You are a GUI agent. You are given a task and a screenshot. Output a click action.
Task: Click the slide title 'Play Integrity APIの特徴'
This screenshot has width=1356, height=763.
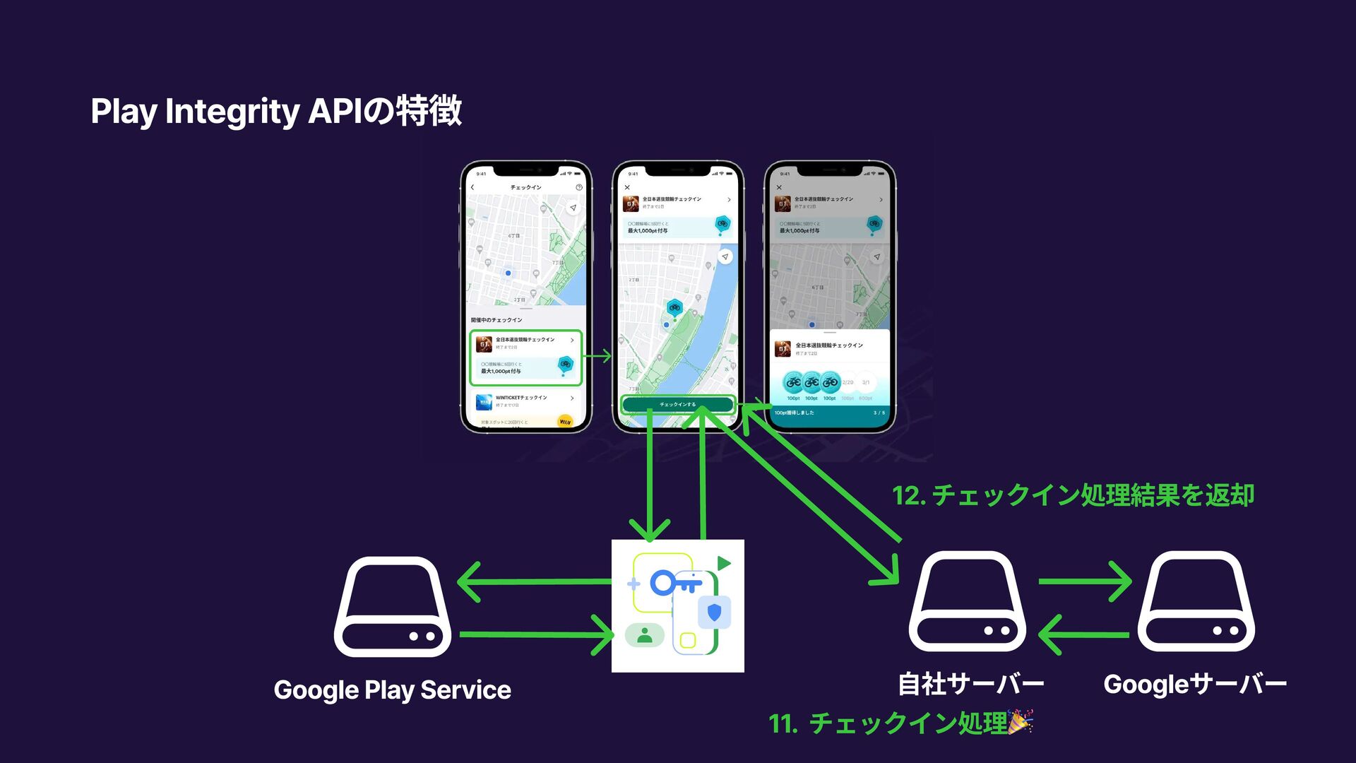click(276, 111)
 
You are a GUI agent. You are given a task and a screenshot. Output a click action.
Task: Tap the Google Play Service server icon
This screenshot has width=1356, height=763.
click(393, 607)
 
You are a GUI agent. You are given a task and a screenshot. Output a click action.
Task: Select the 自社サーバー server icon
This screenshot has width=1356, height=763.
click(967, 601)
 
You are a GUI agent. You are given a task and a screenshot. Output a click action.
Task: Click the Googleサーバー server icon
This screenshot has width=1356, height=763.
click(1196, 601)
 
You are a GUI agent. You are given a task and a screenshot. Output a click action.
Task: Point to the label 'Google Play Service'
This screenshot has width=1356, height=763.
click(392, 690)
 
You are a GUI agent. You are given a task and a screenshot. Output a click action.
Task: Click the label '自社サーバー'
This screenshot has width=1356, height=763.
click(970, 684)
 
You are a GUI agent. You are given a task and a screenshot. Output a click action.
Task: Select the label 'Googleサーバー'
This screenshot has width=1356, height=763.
click(1195, 684)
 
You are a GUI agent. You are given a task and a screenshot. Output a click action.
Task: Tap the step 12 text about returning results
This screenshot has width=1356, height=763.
click(1073, 495)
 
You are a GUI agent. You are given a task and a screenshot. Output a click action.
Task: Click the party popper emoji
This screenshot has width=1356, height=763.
click(1020, 721)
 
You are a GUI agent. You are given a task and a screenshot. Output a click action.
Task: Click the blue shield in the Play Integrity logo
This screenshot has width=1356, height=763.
click(714, 612)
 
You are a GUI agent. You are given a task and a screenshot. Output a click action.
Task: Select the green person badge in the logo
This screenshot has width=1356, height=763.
click(644, 635)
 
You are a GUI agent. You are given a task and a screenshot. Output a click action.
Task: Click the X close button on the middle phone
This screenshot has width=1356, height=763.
click(627, 187)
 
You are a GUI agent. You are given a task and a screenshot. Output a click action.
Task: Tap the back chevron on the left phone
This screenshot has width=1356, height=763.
click(472, 187)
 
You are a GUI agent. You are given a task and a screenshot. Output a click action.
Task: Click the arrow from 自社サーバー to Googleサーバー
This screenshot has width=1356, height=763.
click(1085, 581)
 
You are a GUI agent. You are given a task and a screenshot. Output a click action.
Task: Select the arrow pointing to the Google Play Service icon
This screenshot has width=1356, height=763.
click(535, 581)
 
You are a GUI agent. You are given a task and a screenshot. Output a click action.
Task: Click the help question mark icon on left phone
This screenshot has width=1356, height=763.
click(579, 187)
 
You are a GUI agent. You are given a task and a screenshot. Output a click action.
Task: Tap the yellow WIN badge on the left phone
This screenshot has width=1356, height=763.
click(564, 422)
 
